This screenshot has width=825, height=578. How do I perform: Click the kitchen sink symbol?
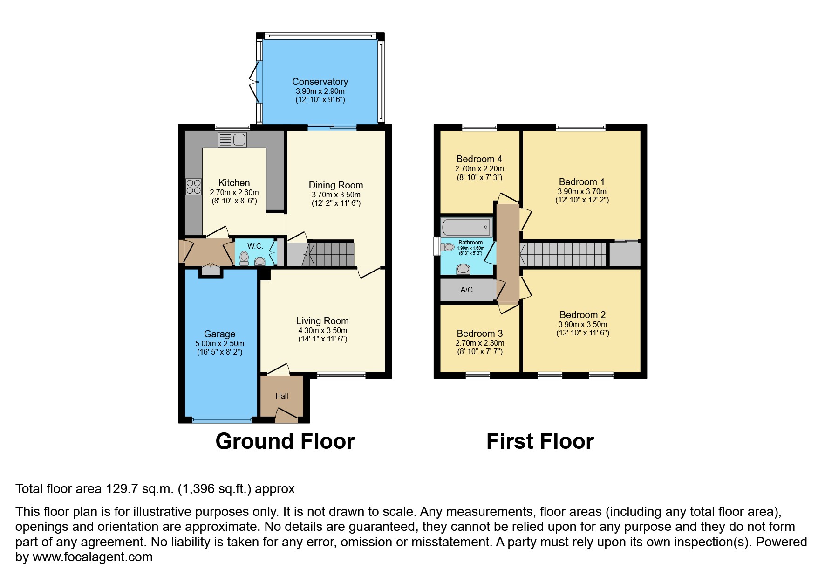tap(232, 139)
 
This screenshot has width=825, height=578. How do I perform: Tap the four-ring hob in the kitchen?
tap(193, 187)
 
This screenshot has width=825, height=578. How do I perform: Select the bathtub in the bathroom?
tap(466, 228)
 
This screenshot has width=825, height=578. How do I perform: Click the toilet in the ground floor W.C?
tap(244, 258)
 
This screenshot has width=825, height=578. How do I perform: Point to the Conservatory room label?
tap(320, 82)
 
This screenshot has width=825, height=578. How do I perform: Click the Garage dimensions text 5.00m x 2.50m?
tap(219, 343)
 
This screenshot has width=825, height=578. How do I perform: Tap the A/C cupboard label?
tap(466, 290)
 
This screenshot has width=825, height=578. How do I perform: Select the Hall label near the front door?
tap(282, 396)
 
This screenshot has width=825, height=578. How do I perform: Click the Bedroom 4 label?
tap(479, 159)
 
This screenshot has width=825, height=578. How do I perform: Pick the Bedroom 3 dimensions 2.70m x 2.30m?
tap(480, 343)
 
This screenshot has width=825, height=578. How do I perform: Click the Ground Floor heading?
tap(285, 441)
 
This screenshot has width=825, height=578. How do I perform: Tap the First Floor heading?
tap(539, 441)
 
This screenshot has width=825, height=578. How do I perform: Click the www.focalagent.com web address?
tap(92, 557)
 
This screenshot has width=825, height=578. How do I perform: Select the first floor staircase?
tap(564, 254)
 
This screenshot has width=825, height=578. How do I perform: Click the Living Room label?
tap(322, 321)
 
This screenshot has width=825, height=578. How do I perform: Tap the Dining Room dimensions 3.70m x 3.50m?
tap(336, 195)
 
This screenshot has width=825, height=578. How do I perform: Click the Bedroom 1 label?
tap(578, 182)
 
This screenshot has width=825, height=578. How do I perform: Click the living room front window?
tap(341, 375)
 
